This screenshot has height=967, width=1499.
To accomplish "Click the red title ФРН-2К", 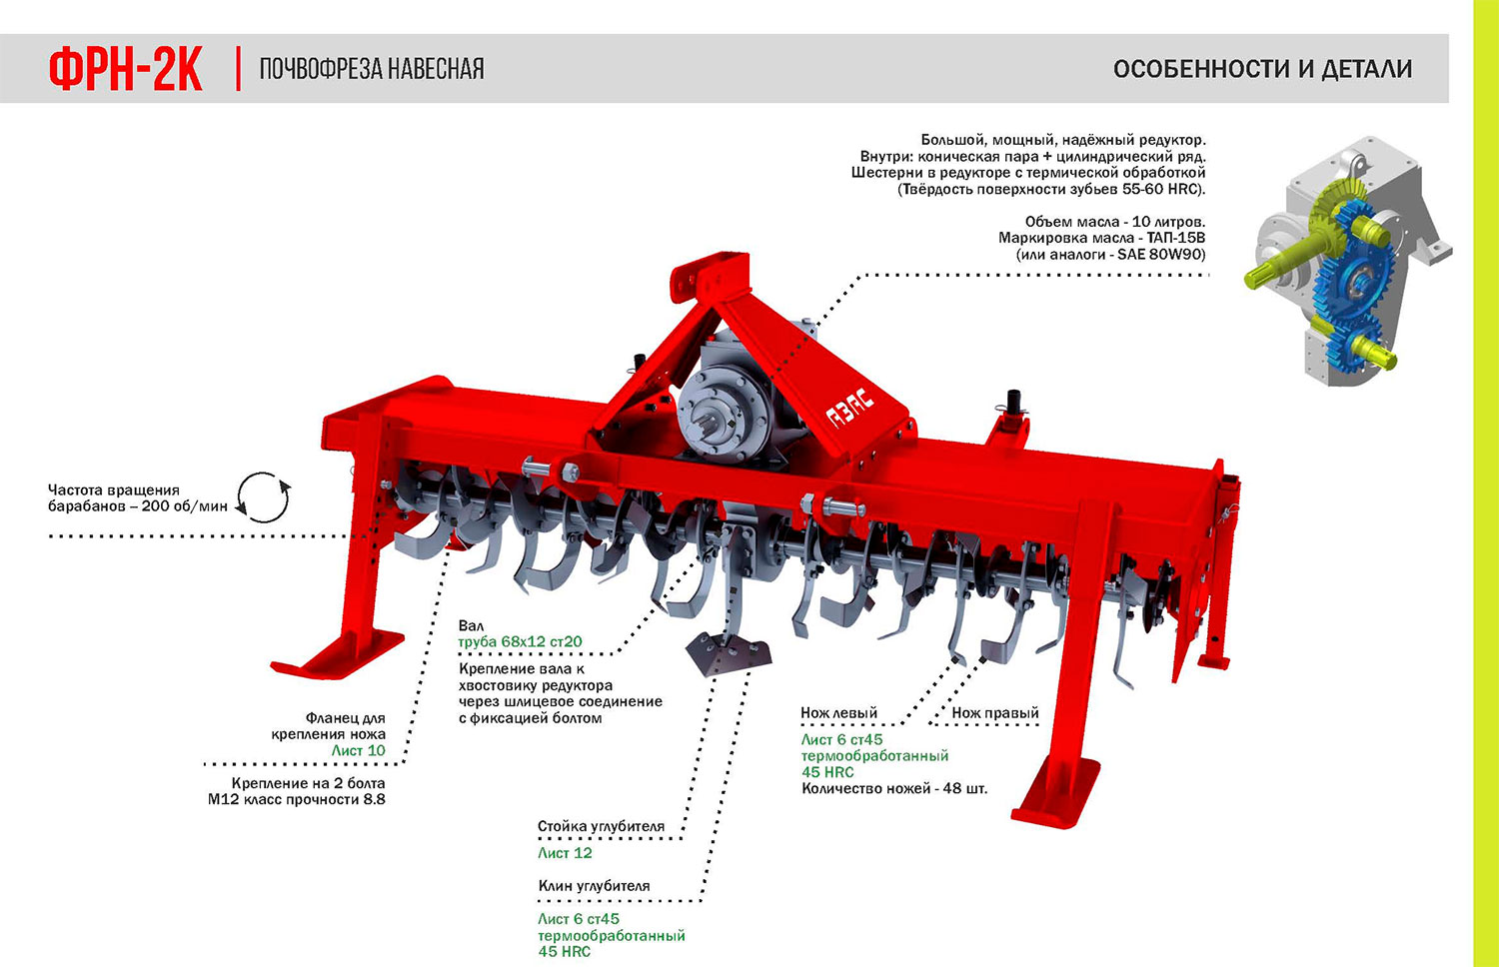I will (126, 69).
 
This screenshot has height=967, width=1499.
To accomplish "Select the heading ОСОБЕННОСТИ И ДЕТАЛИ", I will (1262, 69).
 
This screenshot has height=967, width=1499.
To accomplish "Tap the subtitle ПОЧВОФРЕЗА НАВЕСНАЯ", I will (372, 69).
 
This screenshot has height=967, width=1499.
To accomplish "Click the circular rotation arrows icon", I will (262, 497).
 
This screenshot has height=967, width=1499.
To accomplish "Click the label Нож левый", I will (838, 713).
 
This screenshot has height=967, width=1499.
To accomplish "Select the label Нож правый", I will (995, 713).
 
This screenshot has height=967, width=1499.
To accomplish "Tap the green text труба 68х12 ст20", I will (520, 642).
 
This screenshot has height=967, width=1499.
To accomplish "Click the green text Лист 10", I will (358, 750).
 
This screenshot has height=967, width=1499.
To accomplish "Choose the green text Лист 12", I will (565, 853).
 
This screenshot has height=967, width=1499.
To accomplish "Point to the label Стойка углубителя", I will (601, 827).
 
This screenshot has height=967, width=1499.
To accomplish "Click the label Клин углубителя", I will (594, 886).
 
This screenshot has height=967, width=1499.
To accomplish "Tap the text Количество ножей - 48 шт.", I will (894, 788).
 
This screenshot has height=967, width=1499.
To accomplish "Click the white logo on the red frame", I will (850, 408).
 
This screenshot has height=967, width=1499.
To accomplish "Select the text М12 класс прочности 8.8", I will (296, 799).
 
